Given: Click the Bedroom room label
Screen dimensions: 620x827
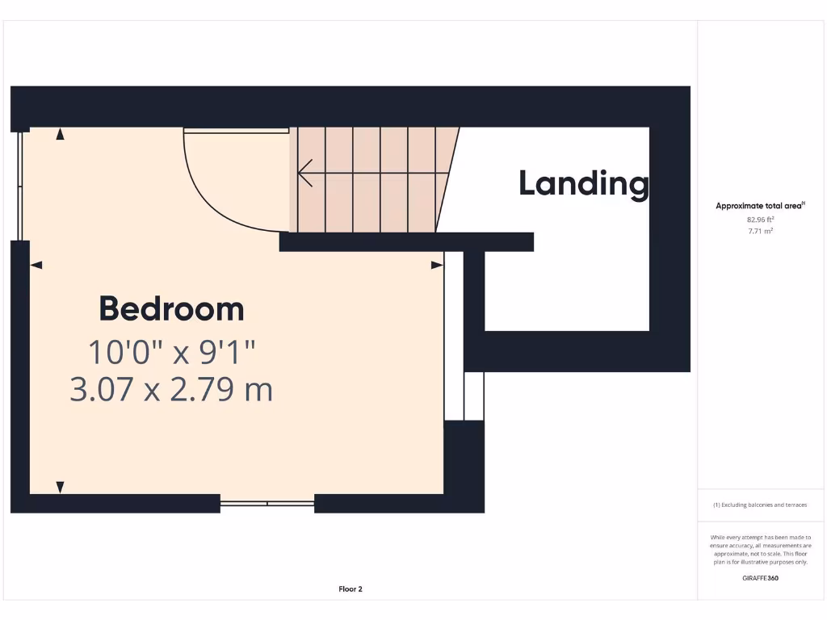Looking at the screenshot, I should (171, 309).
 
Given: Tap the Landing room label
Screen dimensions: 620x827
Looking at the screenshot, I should (583, 183).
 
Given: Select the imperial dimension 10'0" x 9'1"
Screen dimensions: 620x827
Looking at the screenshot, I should (171, 352).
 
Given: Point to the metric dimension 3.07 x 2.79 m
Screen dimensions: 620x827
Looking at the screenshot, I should (171, 390).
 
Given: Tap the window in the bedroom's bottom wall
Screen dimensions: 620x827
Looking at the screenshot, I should (267, 503).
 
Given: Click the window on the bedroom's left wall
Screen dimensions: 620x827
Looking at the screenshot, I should (20, 186).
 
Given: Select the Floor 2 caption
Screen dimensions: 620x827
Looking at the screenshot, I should (351, 589).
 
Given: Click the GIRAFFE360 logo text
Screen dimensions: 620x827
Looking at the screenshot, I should (760, 578).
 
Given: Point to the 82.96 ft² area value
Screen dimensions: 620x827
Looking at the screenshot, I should (760, 219).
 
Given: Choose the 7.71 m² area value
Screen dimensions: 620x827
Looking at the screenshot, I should (760, 231).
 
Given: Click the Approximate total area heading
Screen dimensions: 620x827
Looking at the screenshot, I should (759, 206).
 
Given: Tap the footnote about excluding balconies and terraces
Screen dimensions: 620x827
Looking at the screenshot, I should (760, 505).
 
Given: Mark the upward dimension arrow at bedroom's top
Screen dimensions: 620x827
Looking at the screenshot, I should (60, 135).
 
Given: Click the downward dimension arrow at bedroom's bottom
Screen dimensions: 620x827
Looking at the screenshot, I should (60, 487).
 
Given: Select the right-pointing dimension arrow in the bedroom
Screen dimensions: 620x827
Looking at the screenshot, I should (437, 265).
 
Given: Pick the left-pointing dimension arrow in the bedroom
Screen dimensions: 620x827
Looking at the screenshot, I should (36, 265).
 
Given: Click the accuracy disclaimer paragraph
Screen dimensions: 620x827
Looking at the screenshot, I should (760, 550).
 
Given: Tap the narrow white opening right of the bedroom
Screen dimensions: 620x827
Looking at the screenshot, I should (454, 335).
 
